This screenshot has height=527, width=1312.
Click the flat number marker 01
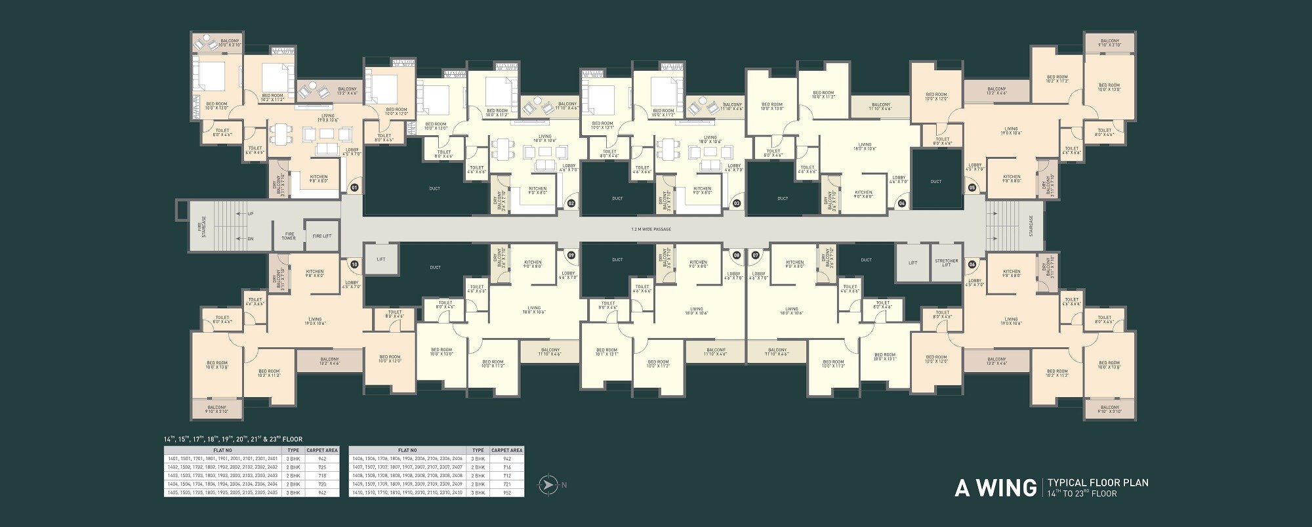354,187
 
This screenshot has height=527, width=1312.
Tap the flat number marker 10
354,264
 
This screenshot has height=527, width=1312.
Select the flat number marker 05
972,187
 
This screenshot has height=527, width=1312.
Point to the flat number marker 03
736,203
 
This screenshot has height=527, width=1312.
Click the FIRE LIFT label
321,236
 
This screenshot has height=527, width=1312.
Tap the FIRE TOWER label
289,236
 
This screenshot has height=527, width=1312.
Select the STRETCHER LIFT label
946,263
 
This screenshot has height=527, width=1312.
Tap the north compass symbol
545,485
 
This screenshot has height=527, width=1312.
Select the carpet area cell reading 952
506,492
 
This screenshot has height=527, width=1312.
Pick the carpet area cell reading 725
321,467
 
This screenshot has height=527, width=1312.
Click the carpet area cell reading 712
506,475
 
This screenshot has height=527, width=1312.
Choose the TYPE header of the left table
293,450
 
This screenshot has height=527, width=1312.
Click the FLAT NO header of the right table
407,450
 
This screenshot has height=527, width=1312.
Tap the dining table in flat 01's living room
282,135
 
